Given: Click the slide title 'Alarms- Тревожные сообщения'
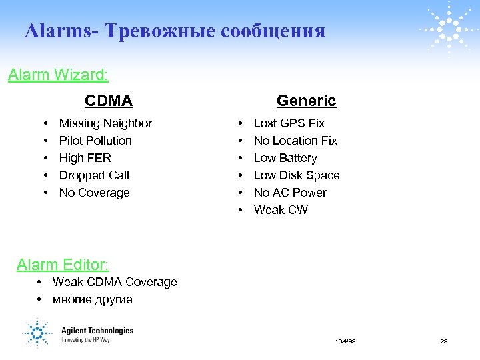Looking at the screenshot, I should pos(175,31).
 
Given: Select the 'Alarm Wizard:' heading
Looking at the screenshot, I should pos(59,75).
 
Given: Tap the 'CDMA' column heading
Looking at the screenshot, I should pos(109,101).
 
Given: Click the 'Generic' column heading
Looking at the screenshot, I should pos(306,101).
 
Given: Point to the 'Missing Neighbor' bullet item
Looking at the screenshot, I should pos(105,123).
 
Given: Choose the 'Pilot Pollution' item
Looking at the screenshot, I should pos(95,141).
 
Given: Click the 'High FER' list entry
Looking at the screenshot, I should pos(85,158).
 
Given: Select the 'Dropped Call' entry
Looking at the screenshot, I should pos(94,175).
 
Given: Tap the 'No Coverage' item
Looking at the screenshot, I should pos(94,193).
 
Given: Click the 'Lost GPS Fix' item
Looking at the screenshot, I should pos(289,123).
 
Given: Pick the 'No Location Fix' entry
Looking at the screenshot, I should pos(295,141).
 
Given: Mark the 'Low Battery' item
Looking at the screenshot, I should pos(285,158).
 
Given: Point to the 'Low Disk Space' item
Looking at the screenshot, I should pos(297,175).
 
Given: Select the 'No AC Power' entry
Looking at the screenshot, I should pos(290,193).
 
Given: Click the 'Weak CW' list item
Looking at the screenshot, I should pos(281,210).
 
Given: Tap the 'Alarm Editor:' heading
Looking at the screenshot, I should pos(63,265).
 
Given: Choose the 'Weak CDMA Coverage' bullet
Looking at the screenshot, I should pos(115,282).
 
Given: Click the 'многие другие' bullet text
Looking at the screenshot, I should pos(93,299).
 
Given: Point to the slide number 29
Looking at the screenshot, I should pos(443,341).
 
